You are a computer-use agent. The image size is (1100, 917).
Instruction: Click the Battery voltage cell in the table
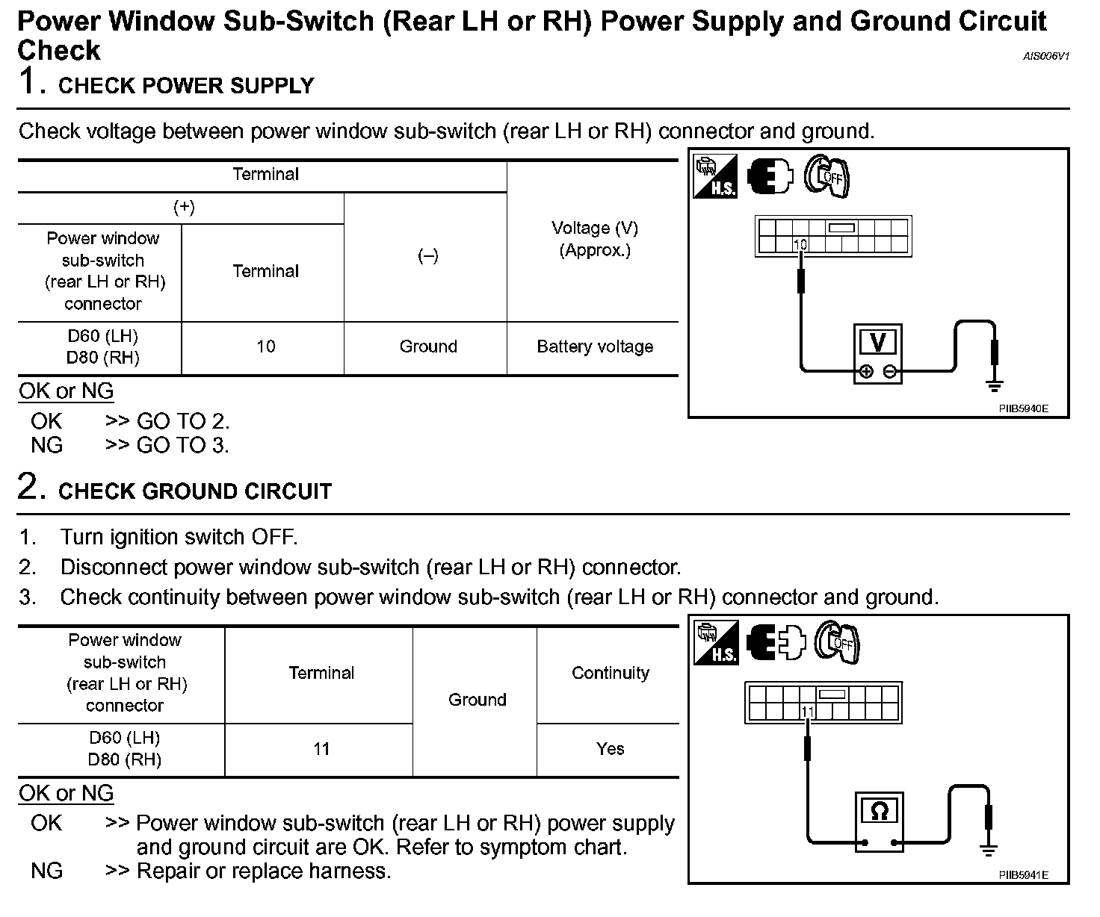[x=595, y=346]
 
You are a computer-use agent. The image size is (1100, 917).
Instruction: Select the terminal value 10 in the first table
[x=265, y=346]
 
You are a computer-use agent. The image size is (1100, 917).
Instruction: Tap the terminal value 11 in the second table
[x=321, y=749]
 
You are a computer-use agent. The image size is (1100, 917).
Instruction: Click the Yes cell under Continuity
[x=610, y=749]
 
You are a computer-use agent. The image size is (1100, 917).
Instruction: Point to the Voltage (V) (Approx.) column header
[x=595, y=239]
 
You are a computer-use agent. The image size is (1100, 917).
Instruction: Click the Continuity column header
[x=610, y=673]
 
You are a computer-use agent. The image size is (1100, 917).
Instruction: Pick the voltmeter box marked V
[x=878, y=353]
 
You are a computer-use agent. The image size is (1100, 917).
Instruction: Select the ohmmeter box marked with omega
[x=879, y=820]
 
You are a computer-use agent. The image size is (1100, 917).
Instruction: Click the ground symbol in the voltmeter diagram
[x=994, y=385]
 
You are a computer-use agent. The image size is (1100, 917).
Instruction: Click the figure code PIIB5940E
[x=1024, y=409]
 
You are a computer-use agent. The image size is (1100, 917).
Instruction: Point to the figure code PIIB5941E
[x=1024, y=875]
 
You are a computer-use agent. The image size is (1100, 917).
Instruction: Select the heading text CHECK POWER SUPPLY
[x=186, y=86]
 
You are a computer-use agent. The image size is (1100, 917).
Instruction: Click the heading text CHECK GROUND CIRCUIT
[x=194, y=491]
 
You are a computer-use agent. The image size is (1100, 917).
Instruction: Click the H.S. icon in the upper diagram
[x=715, y=176]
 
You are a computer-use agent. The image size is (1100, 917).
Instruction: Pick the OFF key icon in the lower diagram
[x=837, y=641]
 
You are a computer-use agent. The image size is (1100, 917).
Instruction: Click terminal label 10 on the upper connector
[x=800, y=244]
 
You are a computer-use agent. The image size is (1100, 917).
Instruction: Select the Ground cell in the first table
[x=427, y=346]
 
